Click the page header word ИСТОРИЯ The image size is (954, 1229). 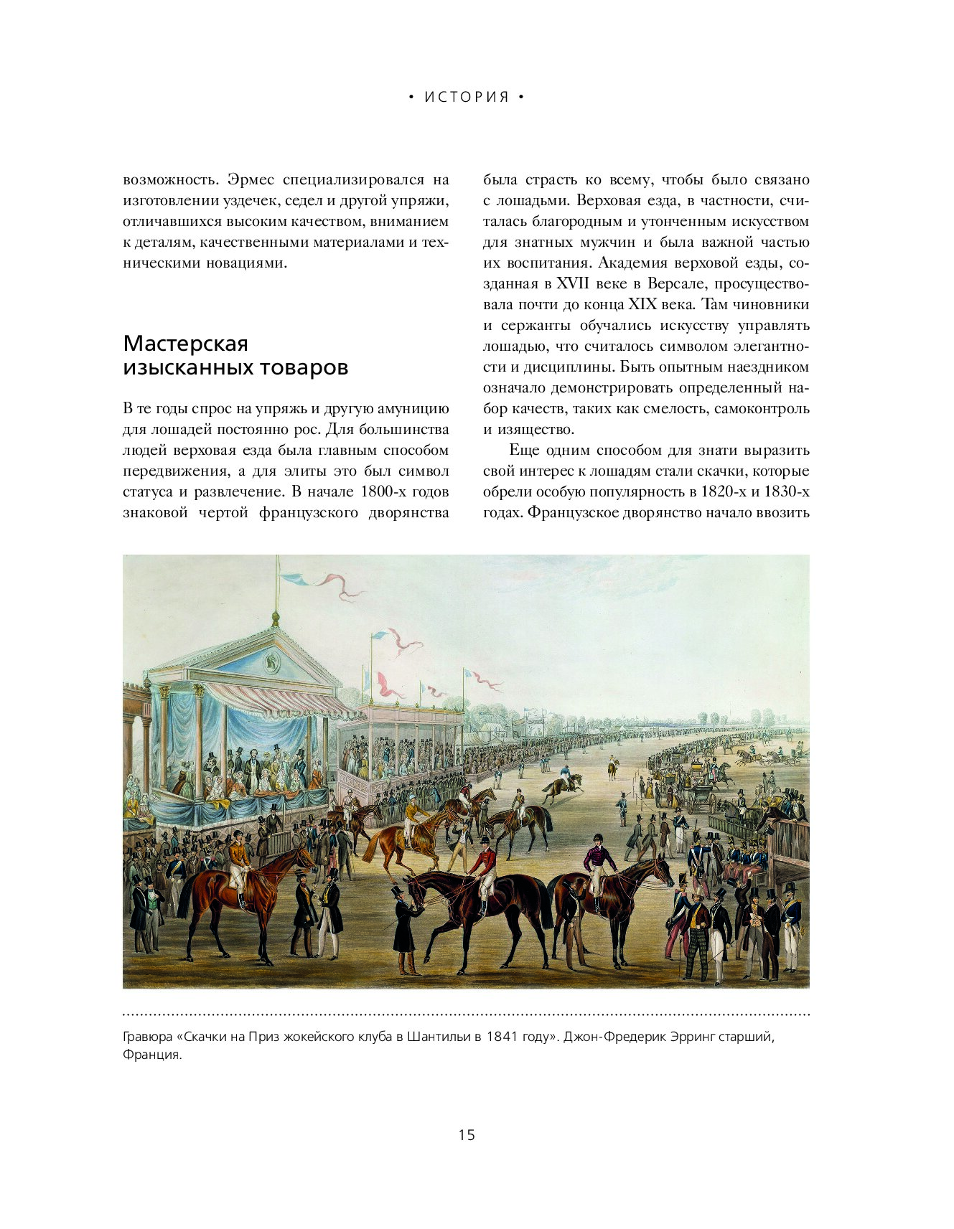(x=467, y=98)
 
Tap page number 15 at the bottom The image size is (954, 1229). (x=467, y=1134)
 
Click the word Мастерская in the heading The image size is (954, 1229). (x=185, y=344)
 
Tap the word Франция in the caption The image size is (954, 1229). (x=151, y=1055)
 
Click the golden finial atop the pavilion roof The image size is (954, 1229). (x=275, y=618)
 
